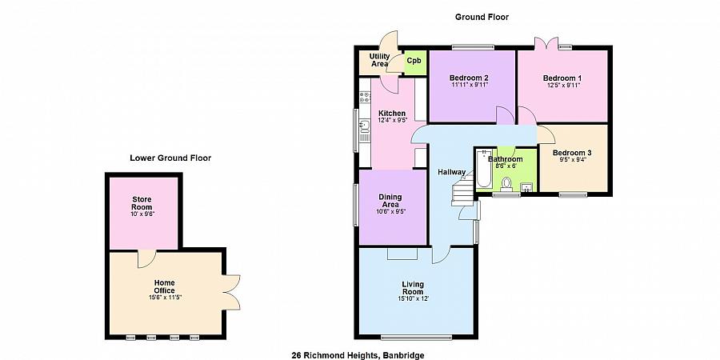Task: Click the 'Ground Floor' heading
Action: pyautogui.click(x=482, y=17)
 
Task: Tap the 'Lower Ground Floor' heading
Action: pyautogui.click(x=170, y=158)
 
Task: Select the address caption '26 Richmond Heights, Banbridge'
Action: pyautogui.click(x=358, y=354)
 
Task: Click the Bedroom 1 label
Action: pyautogui.click(x=562, y=78)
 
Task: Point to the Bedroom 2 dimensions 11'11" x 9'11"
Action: pyautogui.click(x=469, y=85)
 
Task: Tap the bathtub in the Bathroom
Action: pyautogui.click(x=484, y=170)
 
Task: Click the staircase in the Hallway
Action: pyautogui.click(x=465, y=192)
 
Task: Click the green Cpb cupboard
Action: pyautogui.click(x=414, y=62)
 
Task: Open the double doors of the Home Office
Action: pyautogui.click(x=232, y=290)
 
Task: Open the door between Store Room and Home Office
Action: pyautogui.click(x=146, y=258)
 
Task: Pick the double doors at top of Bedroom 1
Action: pyautogui.click(x=544, y=44)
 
